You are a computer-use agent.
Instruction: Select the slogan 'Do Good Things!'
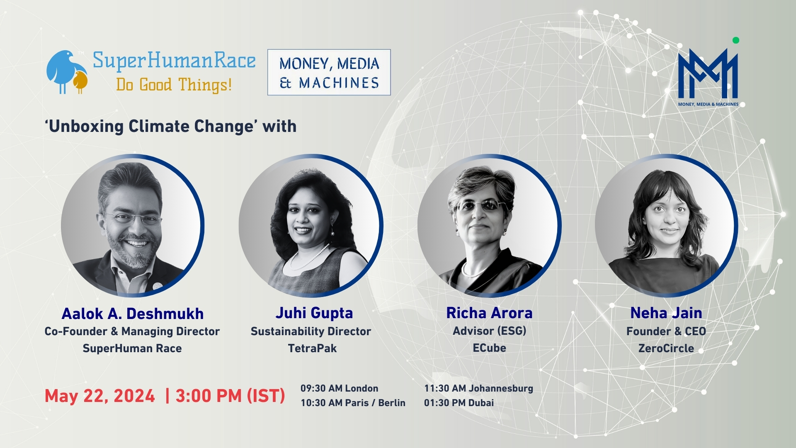(x=174, y=85)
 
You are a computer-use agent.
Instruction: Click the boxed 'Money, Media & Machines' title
(x=329, y=73)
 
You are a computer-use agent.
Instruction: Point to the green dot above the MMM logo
(x=736, y=40)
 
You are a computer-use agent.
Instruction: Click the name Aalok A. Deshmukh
(x=133, y=314)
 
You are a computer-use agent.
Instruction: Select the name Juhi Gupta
(x=314, y=313)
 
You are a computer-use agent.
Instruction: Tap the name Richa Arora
(x=489, y=313)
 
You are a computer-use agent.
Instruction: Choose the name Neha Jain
(x=666, y=313)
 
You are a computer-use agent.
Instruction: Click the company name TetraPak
(x=312, y=348)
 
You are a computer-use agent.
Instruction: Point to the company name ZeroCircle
(x=666, y=348)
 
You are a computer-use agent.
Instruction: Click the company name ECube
(x=489, y=348)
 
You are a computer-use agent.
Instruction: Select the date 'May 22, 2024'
(x=100, y=396)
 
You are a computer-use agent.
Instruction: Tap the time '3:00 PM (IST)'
(x=230, y=396)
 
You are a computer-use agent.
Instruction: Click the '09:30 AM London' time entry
(x=339, y=388)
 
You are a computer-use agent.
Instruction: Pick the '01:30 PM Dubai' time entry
(x=459, y=403)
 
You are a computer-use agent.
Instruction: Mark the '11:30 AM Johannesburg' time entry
(x=478, y=388)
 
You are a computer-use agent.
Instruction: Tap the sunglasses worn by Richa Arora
(x=481, y=205)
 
